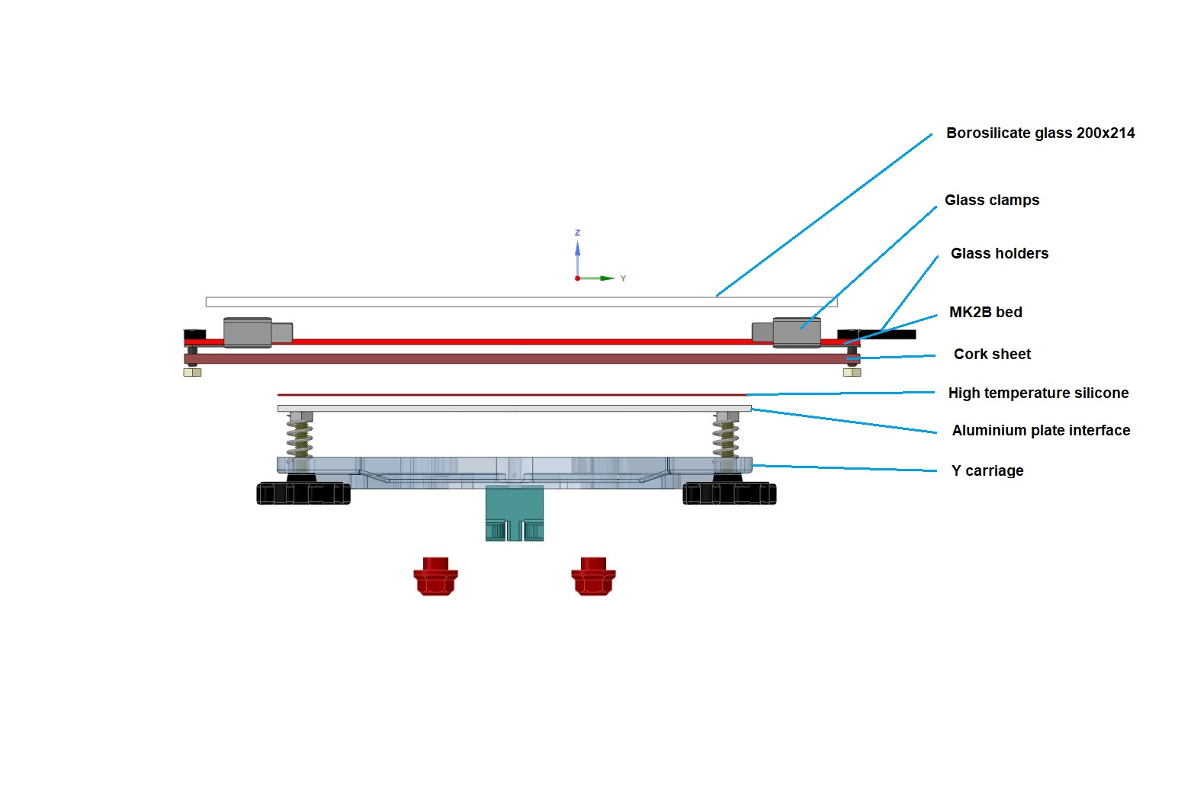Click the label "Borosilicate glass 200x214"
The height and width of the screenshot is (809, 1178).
(1040, 133)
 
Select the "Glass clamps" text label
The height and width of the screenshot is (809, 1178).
(992, 201)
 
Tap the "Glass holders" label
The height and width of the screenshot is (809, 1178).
(999, 254)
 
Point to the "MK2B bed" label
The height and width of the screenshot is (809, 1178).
(986, 313)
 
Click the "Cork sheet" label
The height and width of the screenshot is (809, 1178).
(993, 355)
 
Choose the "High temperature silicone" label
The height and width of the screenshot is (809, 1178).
(1038, 393)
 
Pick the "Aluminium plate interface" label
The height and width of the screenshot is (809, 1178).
(1041, 431)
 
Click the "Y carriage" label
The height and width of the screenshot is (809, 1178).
(987, 470)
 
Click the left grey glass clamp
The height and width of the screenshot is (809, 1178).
(258, 332)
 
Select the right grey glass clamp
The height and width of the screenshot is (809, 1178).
(786, 332)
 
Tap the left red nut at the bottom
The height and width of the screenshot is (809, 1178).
(435, 576)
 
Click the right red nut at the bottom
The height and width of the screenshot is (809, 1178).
(593, 576)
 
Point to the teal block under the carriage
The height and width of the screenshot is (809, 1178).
(515, 513)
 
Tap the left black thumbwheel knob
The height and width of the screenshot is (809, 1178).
(303, 493)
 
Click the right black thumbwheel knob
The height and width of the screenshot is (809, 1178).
(730, 493)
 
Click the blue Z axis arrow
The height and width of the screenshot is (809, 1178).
(577, 258)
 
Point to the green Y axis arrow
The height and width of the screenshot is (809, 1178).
(596, 278)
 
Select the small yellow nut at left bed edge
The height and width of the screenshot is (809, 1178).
(192, 373)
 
